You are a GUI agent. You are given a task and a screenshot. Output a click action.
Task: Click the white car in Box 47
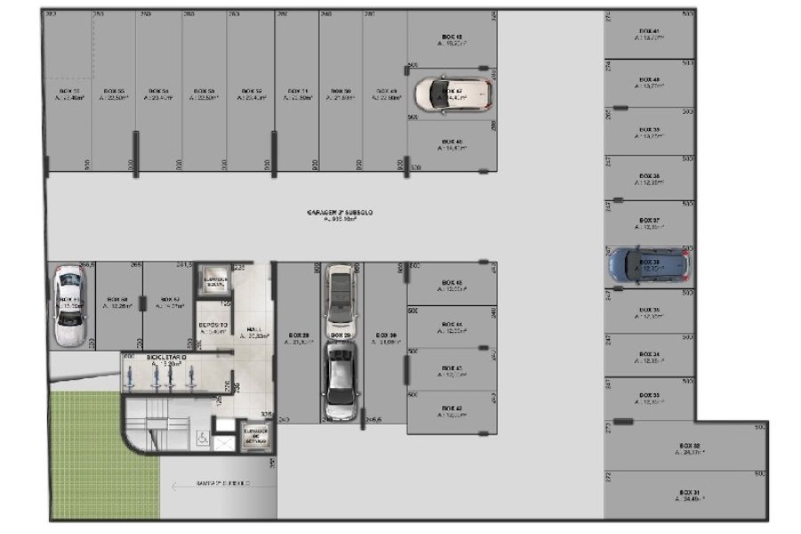click(452, 92)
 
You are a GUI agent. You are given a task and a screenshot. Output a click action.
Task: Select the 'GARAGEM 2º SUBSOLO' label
click(340, 214)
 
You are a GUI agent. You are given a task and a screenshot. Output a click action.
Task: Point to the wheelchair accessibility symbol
click(203, 438)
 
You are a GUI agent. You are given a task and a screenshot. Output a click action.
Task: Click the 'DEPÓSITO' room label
click(213, 326)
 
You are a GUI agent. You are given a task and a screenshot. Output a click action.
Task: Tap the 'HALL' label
click(255, 328)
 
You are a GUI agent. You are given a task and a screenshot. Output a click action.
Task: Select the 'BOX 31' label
click(690, 492)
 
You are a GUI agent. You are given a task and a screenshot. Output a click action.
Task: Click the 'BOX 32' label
click(690, 445)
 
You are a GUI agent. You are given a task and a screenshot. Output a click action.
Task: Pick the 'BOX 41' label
click(650, 32)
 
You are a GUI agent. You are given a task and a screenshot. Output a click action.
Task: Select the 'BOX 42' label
click(452, 409)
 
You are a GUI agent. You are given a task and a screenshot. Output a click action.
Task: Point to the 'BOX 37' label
click(650, 220)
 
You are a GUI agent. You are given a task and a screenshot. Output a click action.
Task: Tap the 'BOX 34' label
click(650, 354)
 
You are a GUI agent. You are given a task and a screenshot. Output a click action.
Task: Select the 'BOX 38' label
click(650, 176)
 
